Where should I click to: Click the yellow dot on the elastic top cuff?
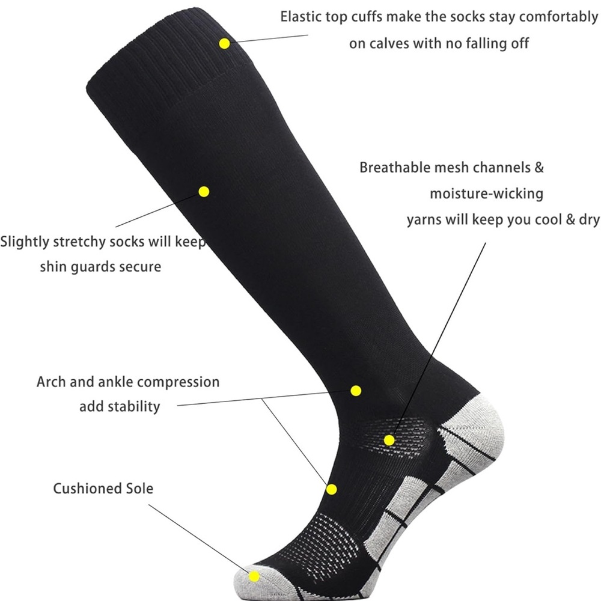click(x=225, y=43)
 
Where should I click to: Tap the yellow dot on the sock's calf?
click(x=204, y=191)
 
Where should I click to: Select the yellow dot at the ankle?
click(x=356, y=391)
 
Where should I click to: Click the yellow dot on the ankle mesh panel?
click(x=389, y=440)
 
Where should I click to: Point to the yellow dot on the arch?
click(x=332, y=489)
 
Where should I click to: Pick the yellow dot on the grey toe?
click(x=254, y=576)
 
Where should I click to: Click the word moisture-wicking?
click(x=486, y=194)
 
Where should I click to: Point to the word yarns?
click(x=424, y=220)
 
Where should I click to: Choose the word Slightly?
click(x=25, y=242)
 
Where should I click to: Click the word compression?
click(x=178, y=382)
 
